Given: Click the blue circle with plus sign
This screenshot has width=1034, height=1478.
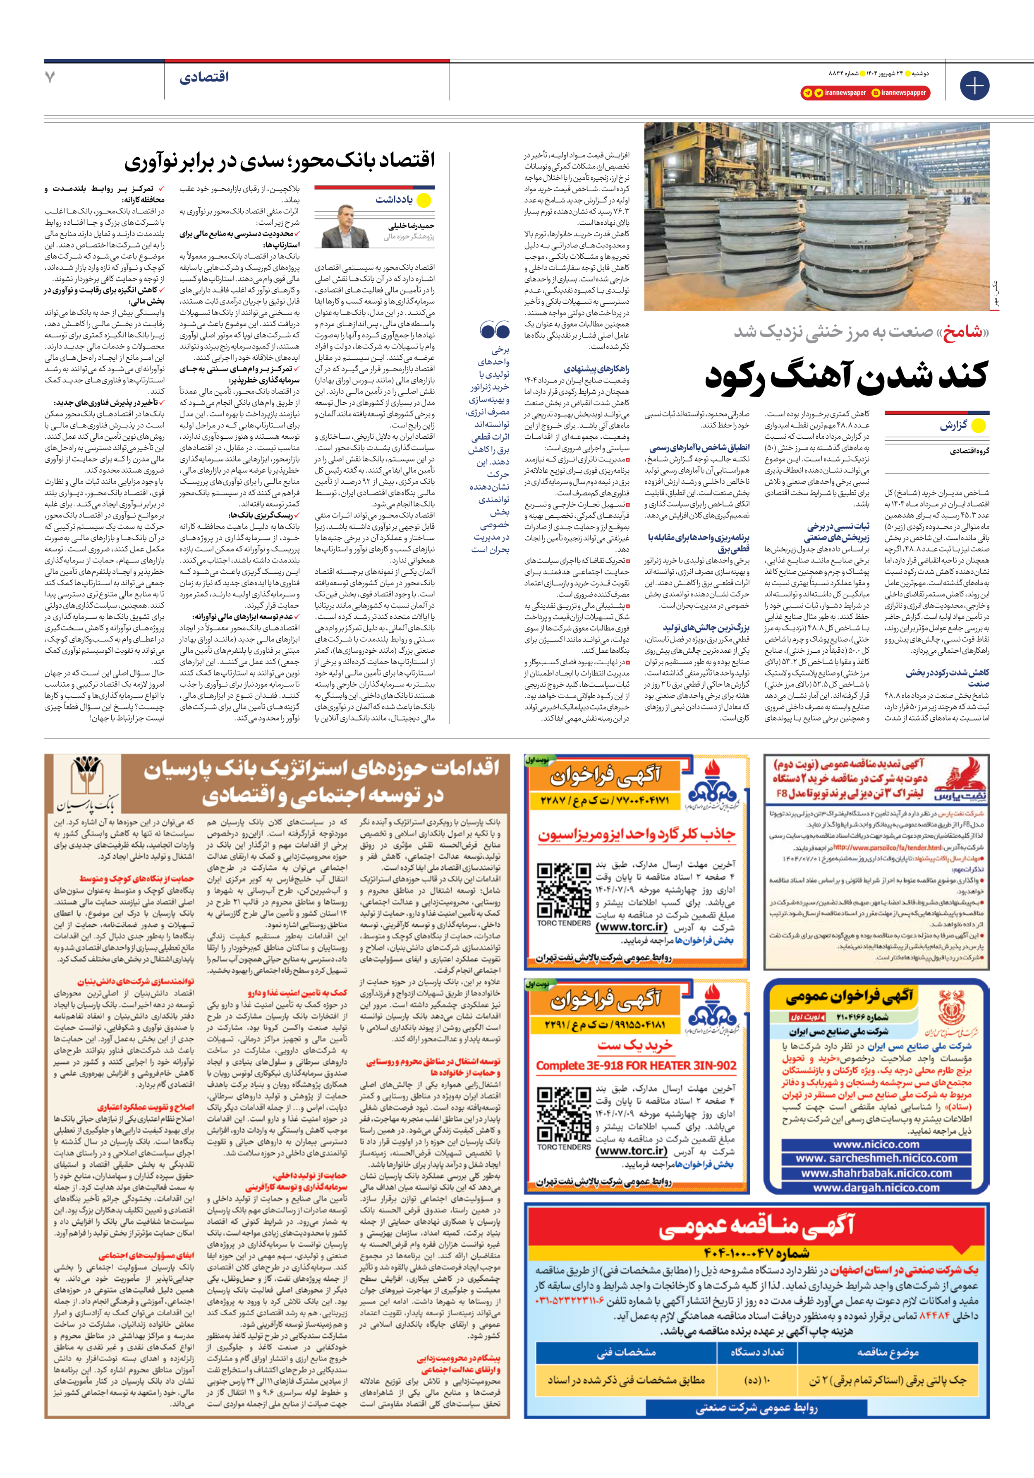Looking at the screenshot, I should click(974, 86).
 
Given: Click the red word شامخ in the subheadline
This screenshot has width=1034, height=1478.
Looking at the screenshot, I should click(963, 332).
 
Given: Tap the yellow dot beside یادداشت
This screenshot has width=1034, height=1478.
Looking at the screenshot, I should click(424, 200).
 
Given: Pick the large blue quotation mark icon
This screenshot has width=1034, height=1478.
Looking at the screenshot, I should click(495, 331).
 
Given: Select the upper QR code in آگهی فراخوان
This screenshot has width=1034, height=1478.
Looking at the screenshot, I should click(564, 890).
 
